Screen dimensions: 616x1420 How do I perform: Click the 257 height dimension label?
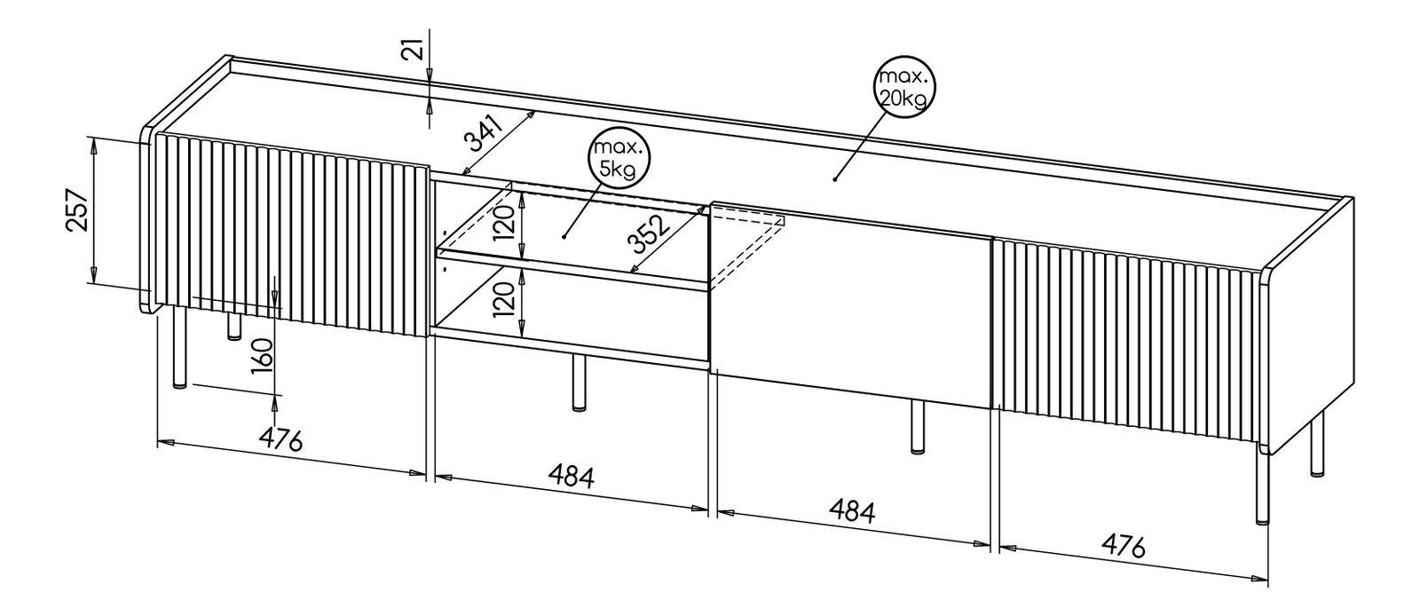click(x=78, y=210)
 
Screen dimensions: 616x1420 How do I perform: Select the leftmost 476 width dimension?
click(x=280, y=438)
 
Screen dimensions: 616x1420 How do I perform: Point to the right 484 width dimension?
click(x=851, y=510)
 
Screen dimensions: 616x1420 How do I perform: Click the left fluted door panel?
click(x=289, y=234)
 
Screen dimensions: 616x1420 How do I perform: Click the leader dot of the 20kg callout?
click(x=835, y=178)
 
